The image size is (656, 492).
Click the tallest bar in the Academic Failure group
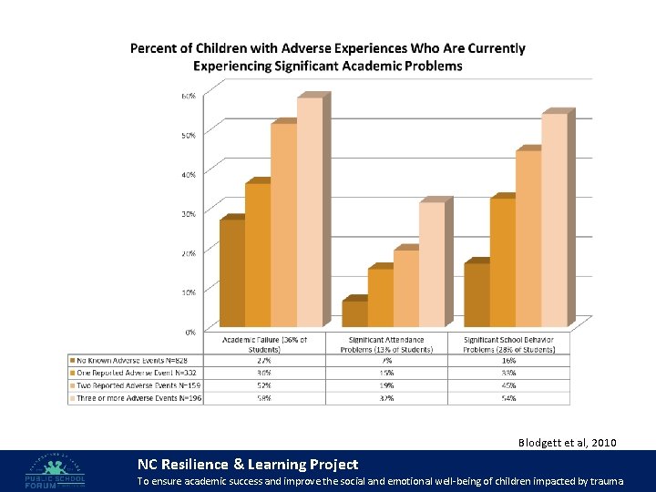pyautogui.click(x=309, y=211)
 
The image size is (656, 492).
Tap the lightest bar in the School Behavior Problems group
pyautogui.click(x=553, y=220)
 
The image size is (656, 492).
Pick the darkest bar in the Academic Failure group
pyautogui.click(x=231, y=272)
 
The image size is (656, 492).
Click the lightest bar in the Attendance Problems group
pyautogui.click(x=432, y=263)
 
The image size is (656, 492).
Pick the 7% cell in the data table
pyautogui.click(x=387, y=361)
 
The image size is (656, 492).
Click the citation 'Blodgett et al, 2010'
pyautogui.click(x=567, y=443)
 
